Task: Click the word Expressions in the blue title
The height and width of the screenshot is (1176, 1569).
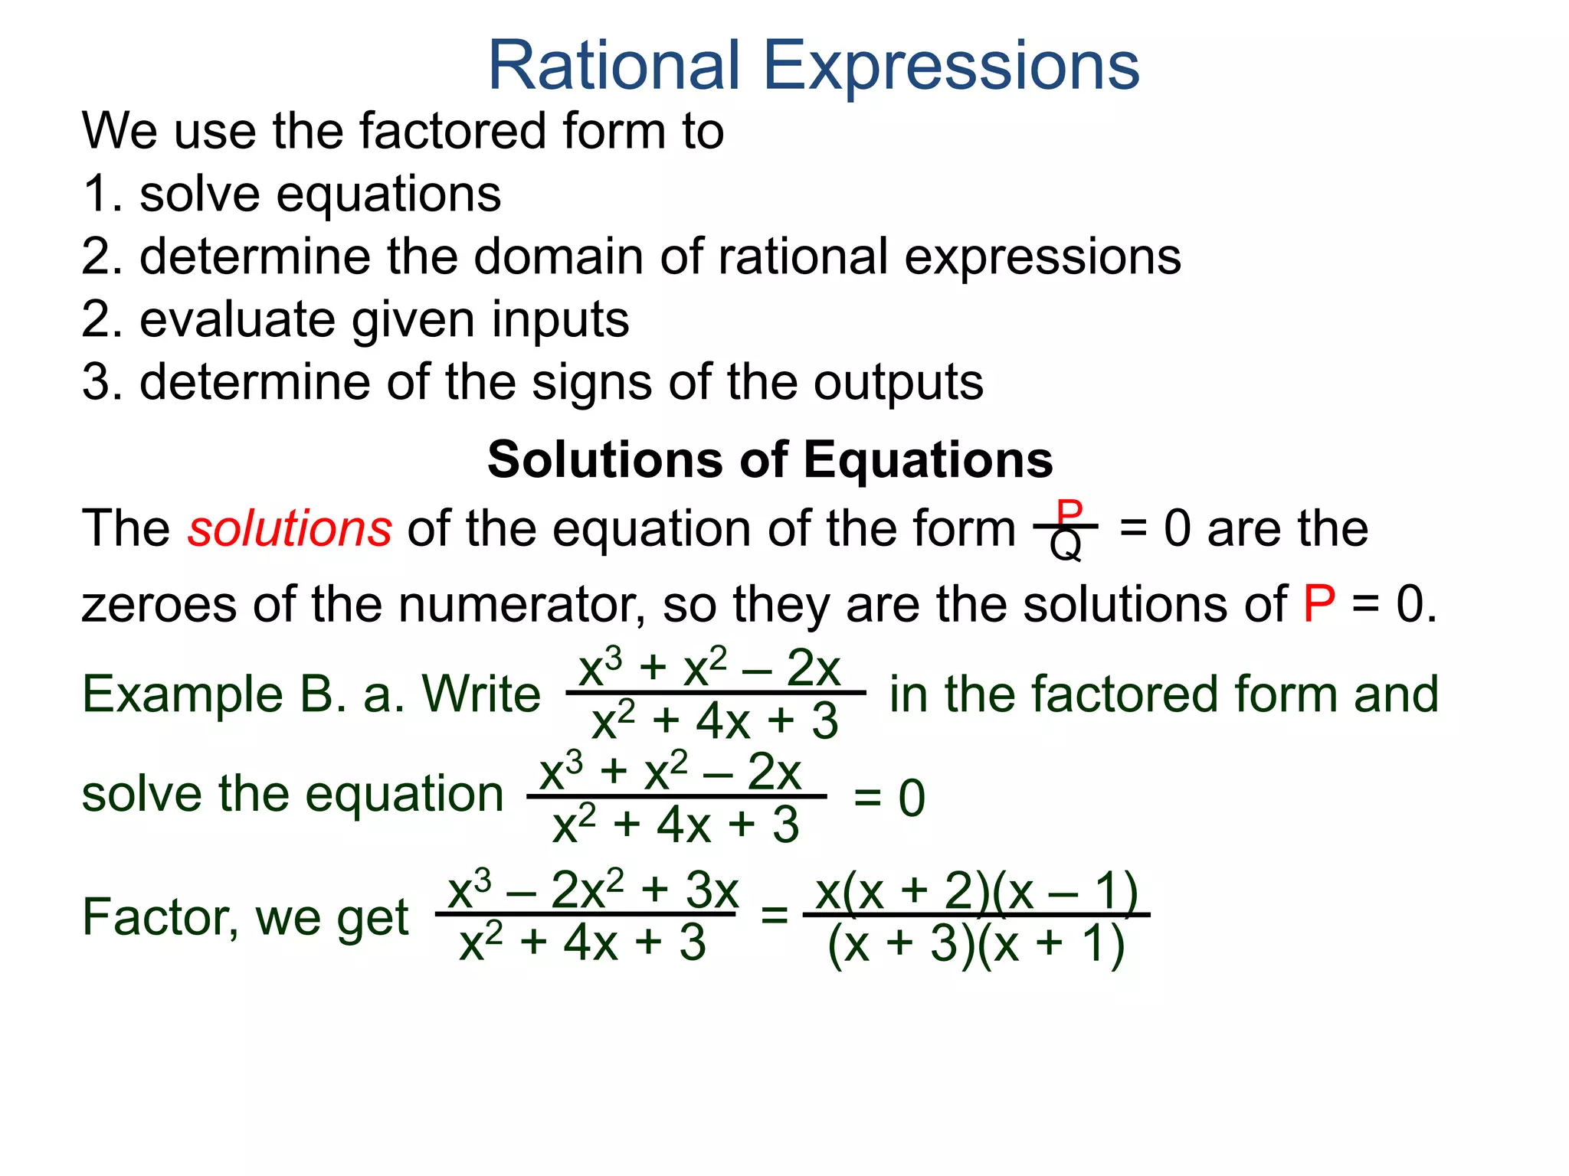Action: pyautogui.click(x=952, y=67)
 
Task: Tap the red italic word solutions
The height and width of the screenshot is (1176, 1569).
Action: pyautogui.click(x=290, y=529)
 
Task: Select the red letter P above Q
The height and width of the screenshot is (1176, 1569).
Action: pyautogui.click(x=1069, y=511)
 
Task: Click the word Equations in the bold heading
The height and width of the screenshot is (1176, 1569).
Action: pyautogui.click(x=928, y=460)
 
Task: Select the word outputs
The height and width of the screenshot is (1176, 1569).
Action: pyautogui.click(x=898, y=382)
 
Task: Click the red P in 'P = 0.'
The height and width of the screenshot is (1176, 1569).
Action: pyautogui.click(x=1318, y=605)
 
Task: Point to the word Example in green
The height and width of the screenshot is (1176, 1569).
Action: pyautogui.click(x=182, y=695)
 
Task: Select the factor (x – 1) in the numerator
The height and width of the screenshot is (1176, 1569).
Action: pyautogui.click(x=1063, y=892)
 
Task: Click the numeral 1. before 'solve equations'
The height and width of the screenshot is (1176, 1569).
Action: pyautogui.click(x=103, y=194)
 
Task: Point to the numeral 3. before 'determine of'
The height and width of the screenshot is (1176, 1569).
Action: pyautogui.click(x=103, y=382)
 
